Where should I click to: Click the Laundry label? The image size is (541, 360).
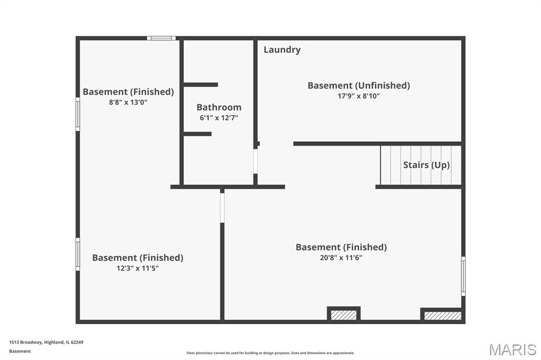[282, 50]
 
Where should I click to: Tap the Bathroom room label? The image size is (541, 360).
[219, 107]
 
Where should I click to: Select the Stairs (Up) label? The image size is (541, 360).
[426, 165]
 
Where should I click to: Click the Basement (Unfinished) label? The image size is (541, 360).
[359, 86]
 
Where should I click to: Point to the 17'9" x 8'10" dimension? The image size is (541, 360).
[359, 96]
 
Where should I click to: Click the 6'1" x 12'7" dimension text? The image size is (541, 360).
[219, 118]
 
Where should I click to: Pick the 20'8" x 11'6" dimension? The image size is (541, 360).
[341, 258]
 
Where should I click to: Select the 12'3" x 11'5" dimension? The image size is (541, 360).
[137, 268]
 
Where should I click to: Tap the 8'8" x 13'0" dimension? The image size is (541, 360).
[128, 102]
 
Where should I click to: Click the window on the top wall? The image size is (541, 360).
[161, 38]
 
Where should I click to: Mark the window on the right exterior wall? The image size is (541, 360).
[463, 276]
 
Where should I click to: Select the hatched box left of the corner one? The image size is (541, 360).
[343, 315]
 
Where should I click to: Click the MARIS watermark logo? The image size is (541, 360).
[512, 349]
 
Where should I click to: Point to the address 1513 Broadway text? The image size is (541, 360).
[46, 343]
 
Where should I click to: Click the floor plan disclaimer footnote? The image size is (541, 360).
[270, 353]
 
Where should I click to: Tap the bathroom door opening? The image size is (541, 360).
[255, 161]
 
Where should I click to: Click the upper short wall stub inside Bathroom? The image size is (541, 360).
[200, 84]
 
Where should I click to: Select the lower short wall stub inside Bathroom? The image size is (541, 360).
[198, 134]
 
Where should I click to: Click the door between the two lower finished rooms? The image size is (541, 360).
[222, 207]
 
